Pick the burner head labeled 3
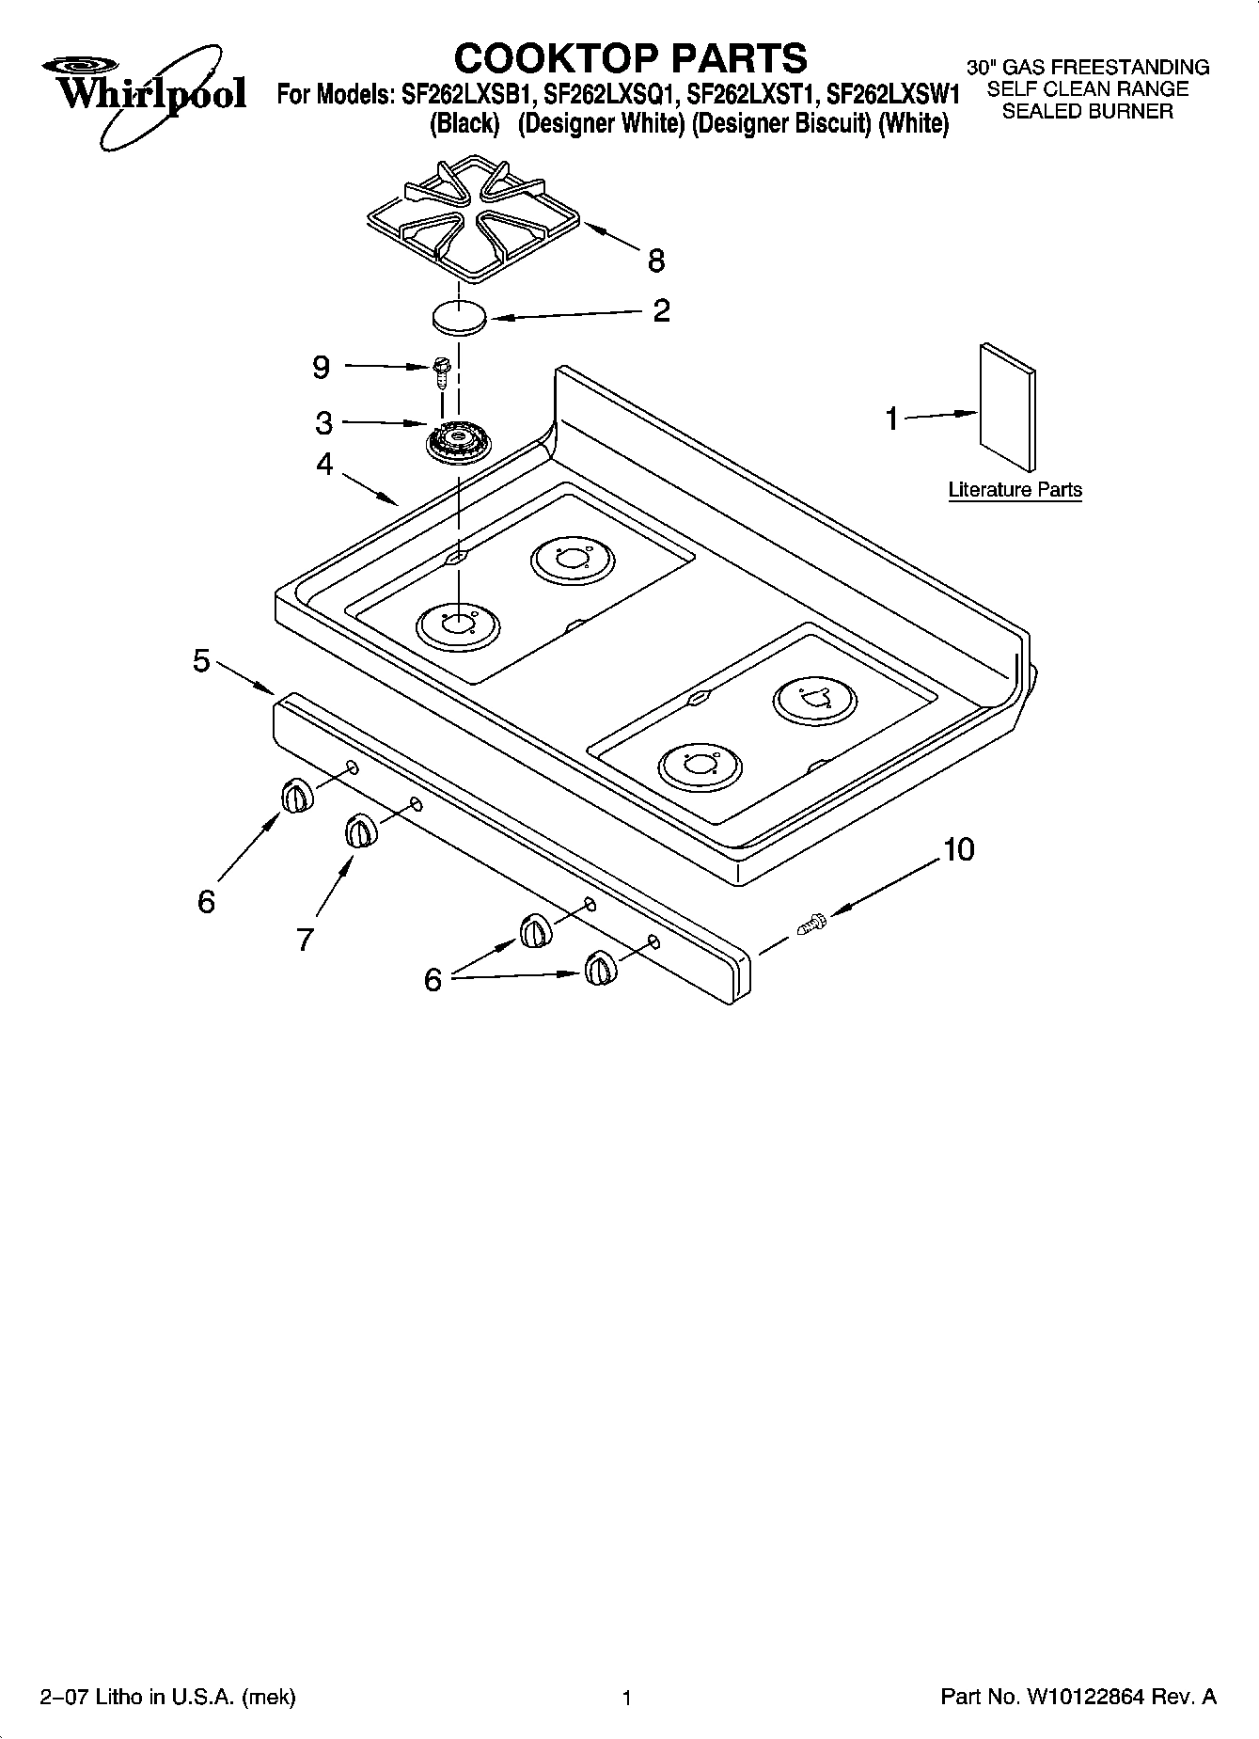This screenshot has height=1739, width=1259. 458,441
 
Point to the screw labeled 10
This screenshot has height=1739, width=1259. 810,924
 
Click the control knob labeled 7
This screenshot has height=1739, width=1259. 359,830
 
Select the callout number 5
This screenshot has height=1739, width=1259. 201,660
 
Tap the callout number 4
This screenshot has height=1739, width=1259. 324,464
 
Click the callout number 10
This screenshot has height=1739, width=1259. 958,849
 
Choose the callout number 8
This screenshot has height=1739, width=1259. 656,261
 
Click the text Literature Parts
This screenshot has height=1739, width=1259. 1015,490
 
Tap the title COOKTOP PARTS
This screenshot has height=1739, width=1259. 630,57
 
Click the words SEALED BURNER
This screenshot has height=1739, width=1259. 1087,112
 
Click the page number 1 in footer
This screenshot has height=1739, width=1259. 626,1698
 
